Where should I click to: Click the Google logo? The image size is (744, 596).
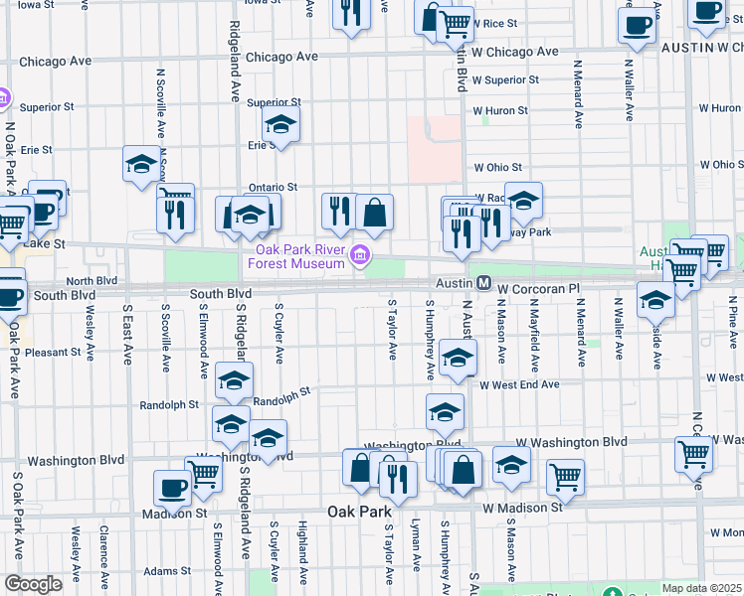click(33, 584)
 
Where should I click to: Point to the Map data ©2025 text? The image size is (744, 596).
click(702, 588)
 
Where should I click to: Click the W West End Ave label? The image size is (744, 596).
click(519, 384)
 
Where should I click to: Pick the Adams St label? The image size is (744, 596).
click(167, 571)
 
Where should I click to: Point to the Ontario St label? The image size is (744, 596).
click(273, 187)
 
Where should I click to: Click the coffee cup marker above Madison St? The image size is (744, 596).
click(172, 489)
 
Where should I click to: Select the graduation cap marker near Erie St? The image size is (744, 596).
click(281, 125)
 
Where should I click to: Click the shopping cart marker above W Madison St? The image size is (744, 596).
click(565, 477)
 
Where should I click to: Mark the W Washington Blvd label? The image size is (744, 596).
click(571, 441)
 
